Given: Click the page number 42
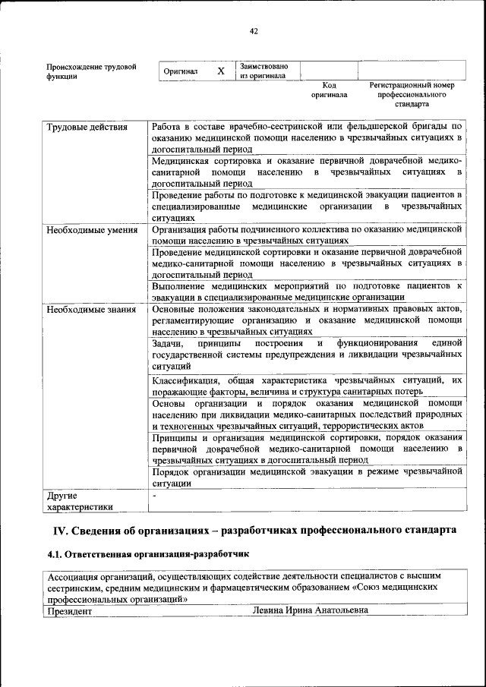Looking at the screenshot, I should pos(254,31).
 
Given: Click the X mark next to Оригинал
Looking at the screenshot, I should pos(221,71).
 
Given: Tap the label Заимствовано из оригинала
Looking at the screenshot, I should pos(263,71).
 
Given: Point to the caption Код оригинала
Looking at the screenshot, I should pos(329,90).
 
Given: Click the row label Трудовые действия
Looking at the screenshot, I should pos(87,127).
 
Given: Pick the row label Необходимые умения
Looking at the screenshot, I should pos(92,229).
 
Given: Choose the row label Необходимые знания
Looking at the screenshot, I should pos(91,310).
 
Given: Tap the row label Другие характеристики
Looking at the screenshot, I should pos(80,501).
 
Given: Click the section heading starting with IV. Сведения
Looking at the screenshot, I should pos(254,529).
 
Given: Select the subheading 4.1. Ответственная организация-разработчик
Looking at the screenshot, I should pos(148,555).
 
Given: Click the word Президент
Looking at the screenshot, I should pos(70,610).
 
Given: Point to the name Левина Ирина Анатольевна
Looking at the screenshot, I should pos(311,610).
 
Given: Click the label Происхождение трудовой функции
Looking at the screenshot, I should pos(92,71).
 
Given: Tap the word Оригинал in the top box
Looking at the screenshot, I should pos(181,71).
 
